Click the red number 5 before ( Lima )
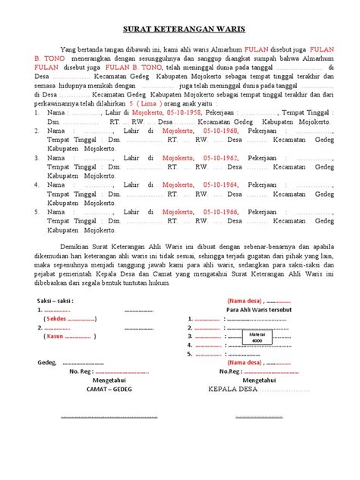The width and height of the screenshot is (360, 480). click(x=132, y=100)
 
